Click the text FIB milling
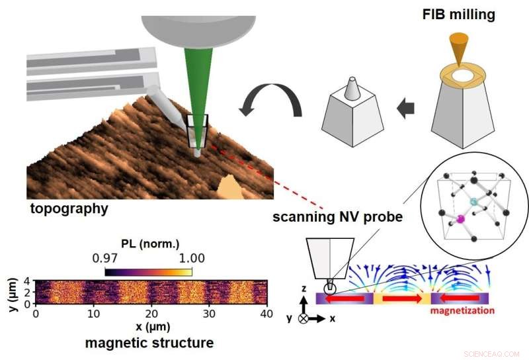[x=459, y=14]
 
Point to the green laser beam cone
[x=193, y=86]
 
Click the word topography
[x=69, y=208]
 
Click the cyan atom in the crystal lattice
[x=473, y=201]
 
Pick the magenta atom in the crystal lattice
[x=461, y=218]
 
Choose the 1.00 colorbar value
[x=191, y=258]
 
